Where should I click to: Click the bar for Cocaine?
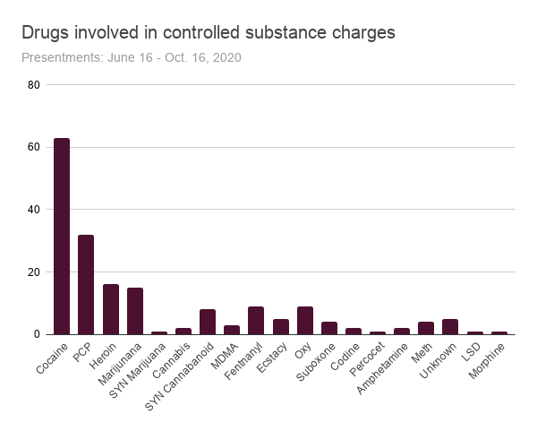coord(62,237)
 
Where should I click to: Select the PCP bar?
coord(86,285)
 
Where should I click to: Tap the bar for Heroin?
coord(110,309)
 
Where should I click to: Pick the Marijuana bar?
coord(135,311)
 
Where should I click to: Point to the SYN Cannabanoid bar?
coord(208,322)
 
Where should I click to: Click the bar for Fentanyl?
coord(256,321)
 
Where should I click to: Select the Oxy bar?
coord(305,321)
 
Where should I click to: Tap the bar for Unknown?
coord(450,327)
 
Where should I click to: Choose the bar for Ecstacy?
coord(280,327)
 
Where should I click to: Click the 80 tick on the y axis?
coord(34,85)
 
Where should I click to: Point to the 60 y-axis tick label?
coord(34,147)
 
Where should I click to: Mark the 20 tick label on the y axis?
coord(34,272)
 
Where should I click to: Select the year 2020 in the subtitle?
coord(226,57)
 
